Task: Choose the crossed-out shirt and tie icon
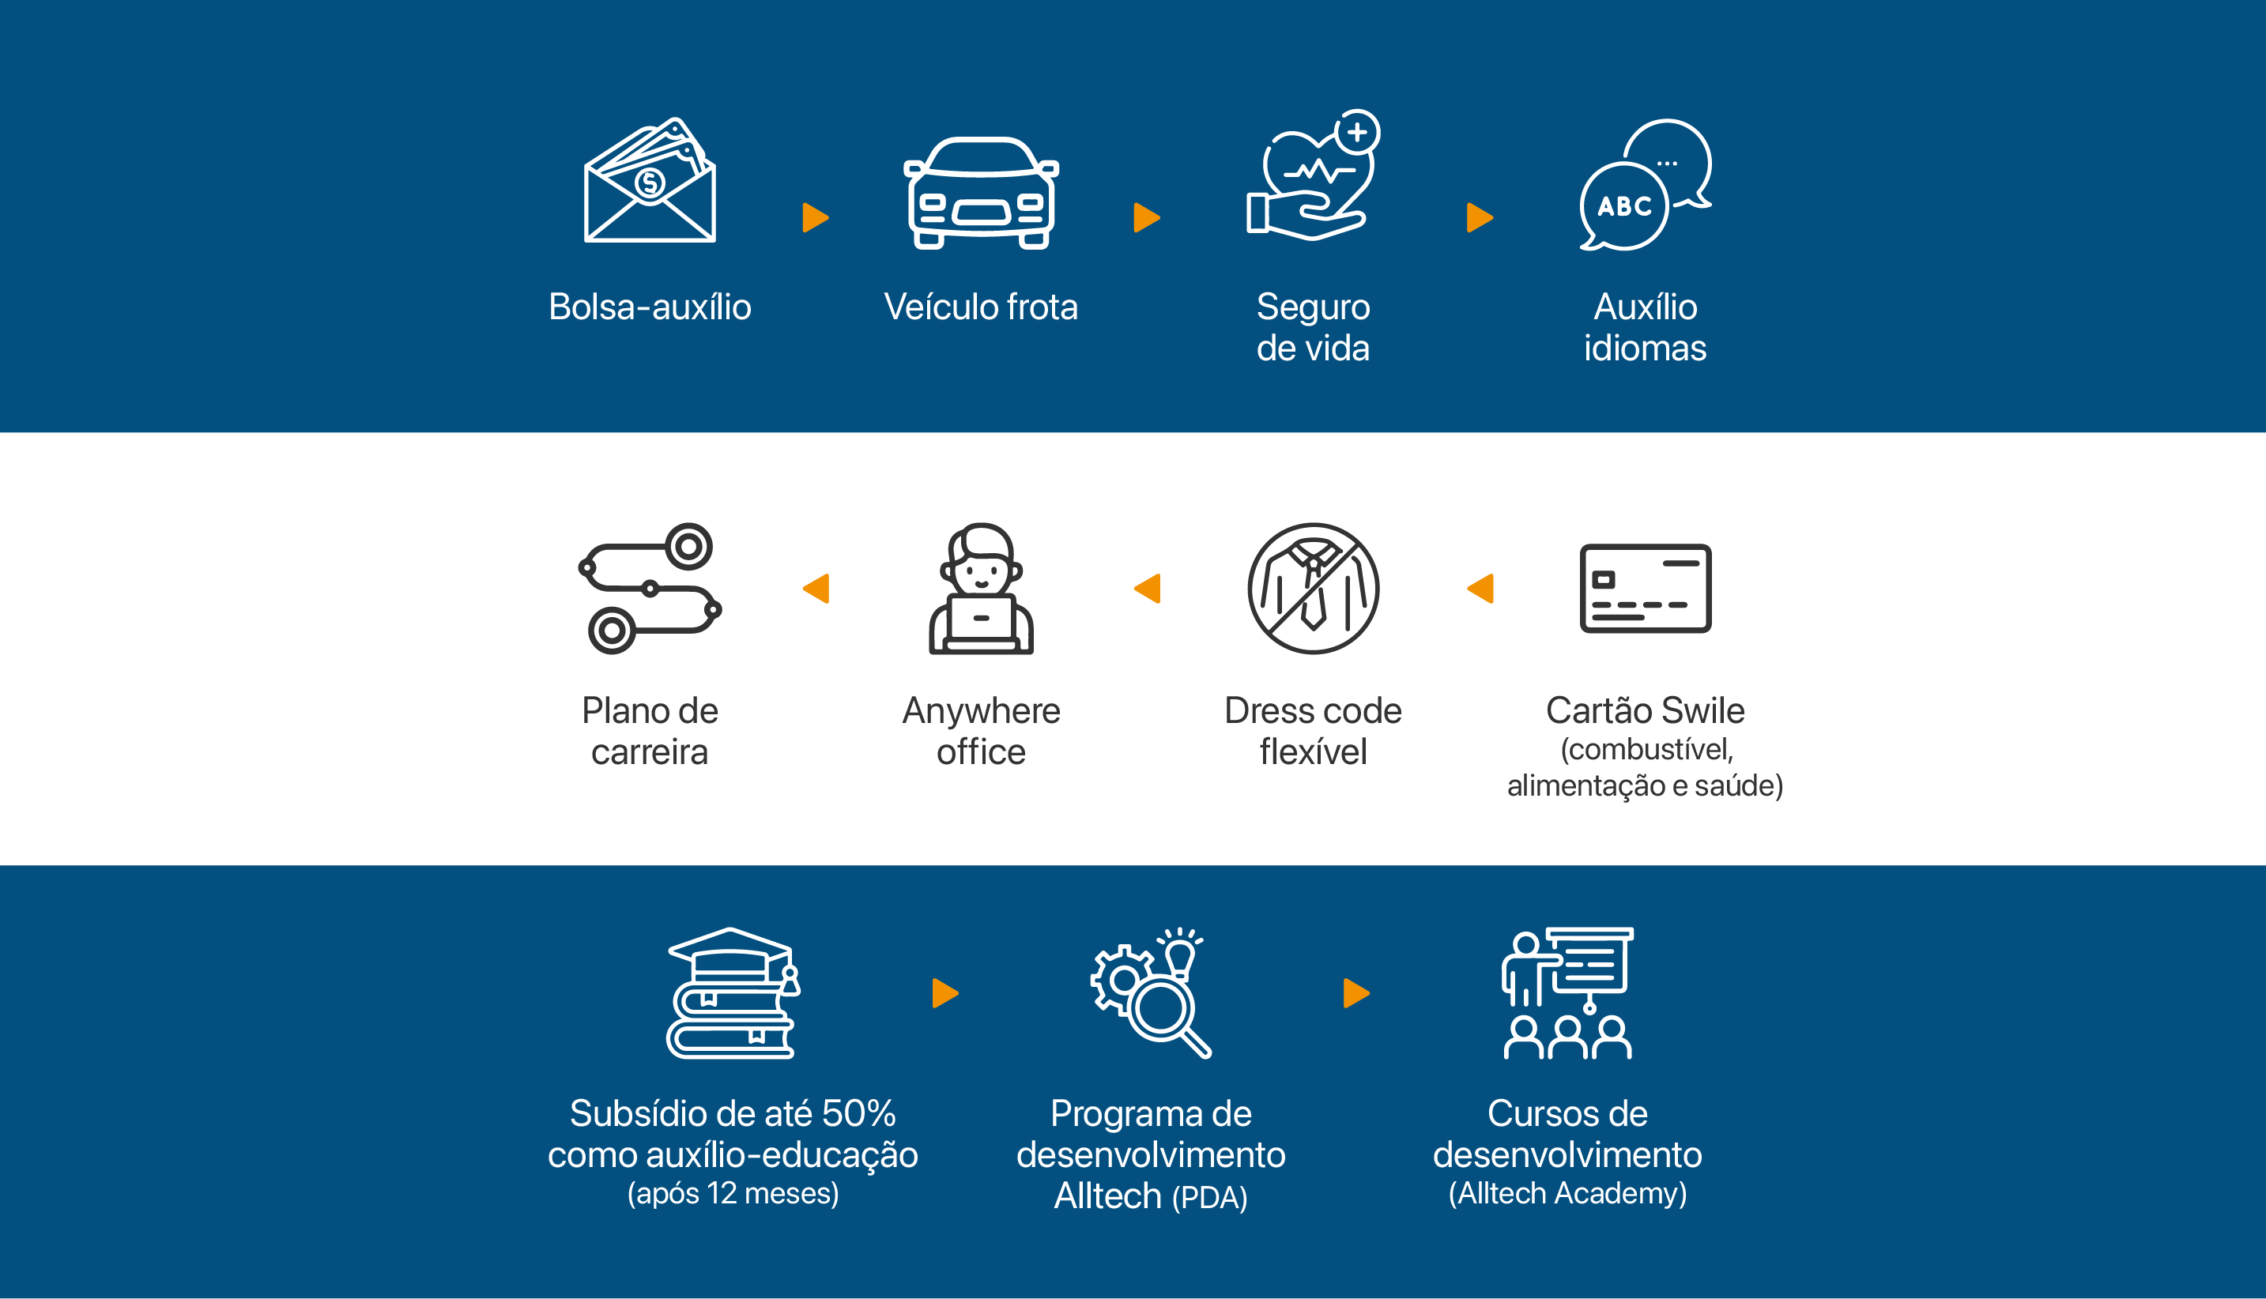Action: pyautogui.click(x=1314, y=588)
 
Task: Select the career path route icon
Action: pyautogui.click(x=650, y=588)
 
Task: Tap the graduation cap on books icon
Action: pyautogui.click(x=733, y=992)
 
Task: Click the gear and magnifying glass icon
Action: pyautogui.click(x=1151, y=992)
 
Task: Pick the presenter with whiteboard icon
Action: pyautogui.click(x=1567, y=992)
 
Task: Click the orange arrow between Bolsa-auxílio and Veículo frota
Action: pyautogui.click(x=815, y=216)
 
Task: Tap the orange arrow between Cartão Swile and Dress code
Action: pyautogui.click(x=1481, y=588)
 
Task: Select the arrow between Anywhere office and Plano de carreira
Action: pyautogui.click(x=816, y=588)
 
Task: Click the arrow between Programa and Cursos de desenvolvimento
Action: pyautogui.click(x=1356, y=992)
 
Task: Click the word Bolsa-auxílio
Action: pyautogui.click(x=650, y=307)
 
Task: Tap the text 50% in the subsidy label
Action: pyautogui.click(x=858, y=1113)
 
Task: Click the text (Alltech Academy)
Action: pyautogui.click(x=1567, y=1193)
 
